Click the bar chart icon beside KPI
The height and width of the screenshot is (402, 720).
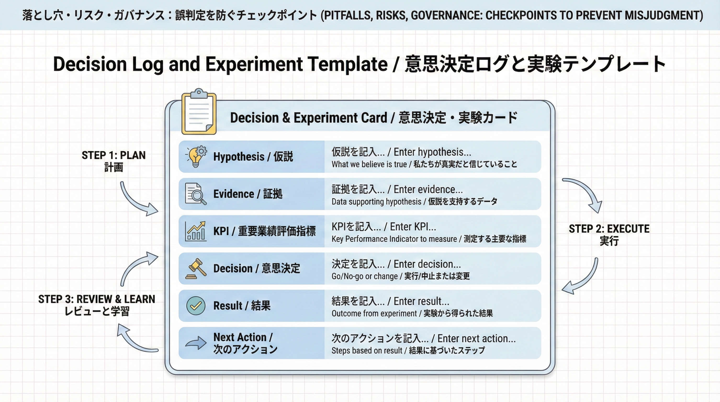(x=196, y=231)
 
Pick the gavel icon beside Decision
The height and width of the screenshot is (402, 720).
(x=196, y=268)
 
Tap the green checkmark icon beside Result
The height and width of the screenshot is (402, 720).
(x=196, y=305)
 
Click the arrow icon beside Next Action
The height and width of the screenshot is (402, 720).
(x=196, y=343)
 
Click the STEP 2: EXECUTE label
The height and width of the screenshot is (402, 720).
(x=609, y=234)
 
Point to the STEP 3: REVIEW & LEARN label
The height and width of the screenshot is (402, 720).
(x=97, y=305)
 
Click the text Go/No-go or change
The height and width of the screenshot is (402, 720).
(x=364, y=276)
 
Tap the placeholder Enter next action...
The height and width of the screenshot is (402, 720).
(x=476, y=339)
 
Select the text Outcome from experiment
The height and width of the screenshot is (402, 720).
(x=374, y=313)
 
